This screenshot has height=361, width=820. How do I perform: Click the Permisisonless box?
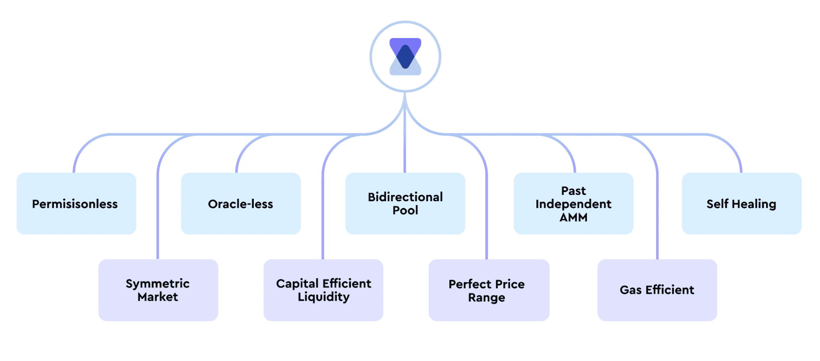[x=76, y=204]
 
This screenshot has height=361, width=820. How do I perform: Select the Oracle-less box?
[x=240, y=204]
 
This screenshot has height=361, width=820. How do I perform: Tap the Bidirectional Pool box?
[x=405, y=204]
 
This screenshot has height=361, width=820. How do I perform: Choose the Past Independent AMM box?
[x=573, y=204]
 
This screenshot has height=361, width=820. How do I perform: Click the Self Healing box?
[x=741, y=204]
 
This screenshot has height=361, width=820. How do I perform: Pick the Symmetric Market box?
[x=158, y=290]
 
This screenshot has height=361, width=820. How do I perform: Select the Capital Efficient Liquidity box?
[x=323, y=290]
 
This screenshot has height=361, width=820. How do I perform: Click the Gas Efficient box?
[x=657, y=290]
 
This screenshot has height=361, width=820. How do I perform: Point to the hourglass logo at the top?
[x=405, y=57]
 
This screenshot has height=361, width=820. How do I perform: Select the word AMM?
[x=573, y=218]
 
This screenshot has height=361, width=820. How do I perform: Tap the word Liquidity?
[x=323, y=297]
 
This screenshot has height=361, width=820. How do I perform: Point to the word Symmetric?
[x=158, y=284]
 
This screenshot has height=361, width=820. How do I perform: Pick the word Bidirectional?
[x=405, y=197]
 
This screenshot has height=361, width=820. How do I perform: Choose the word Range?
[x=486, y=297]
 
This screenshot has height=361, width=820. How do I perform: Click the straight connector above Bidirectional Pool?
[x=405, y=144]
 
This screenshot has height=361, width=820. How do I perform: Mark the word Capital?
[x=297, y=284]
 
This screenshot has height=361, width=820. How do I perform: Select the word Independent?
[x=573, y=204]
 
